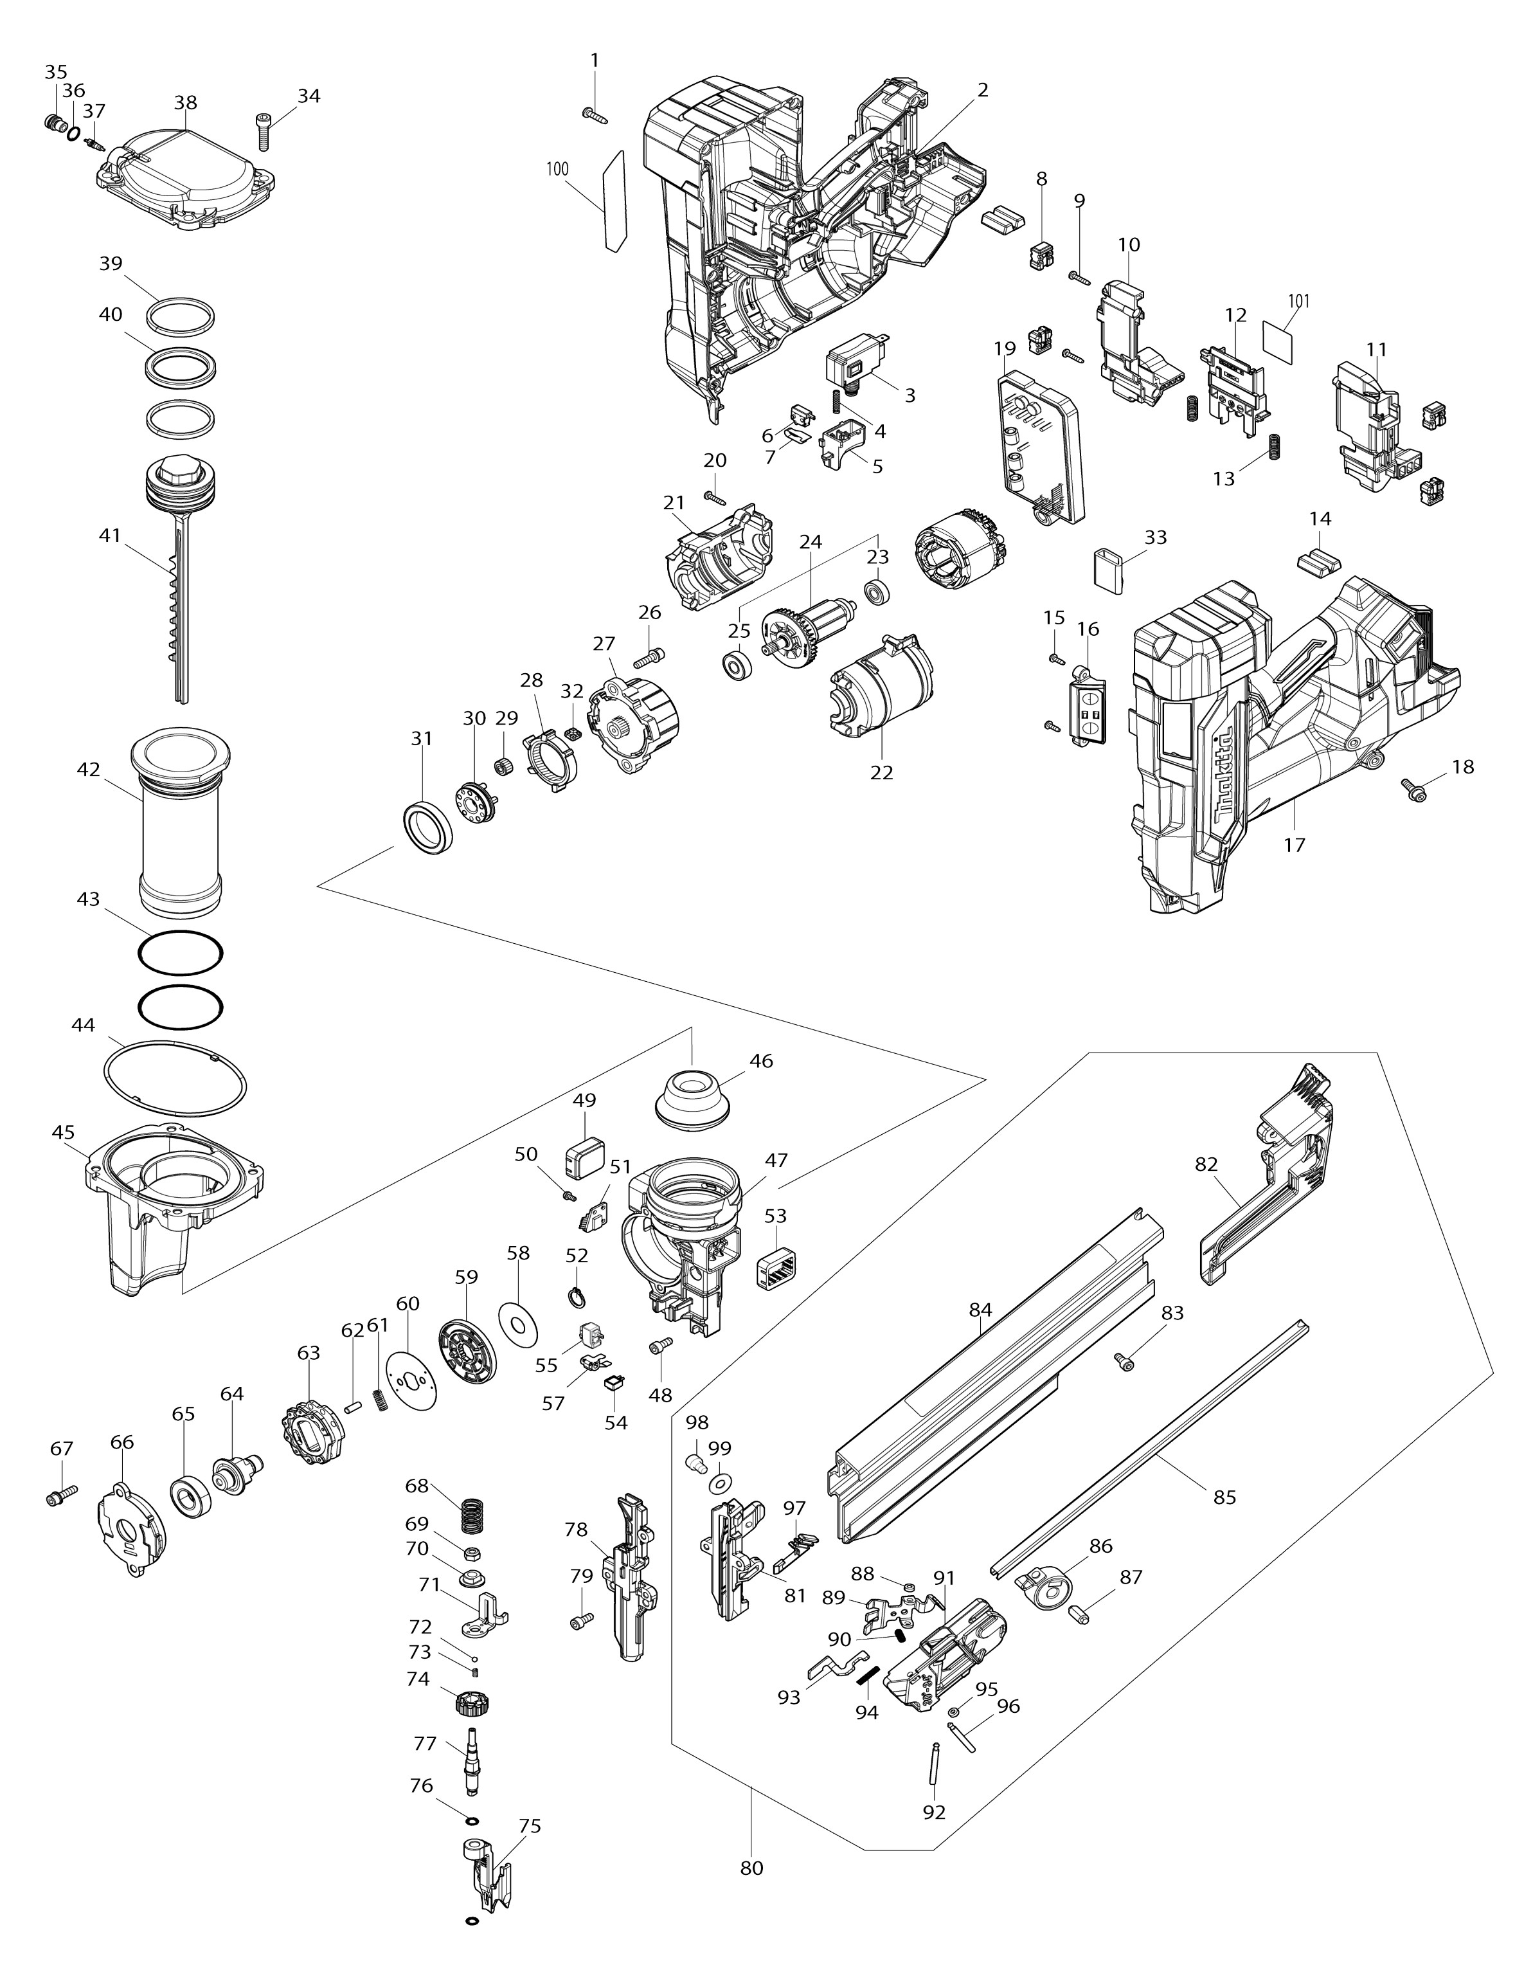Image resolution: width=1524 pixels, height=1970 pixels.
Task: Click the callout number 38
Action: (x=186, y=103)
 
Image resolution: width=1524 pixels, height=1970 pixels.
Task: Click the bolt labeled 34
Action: (x=262, y=131)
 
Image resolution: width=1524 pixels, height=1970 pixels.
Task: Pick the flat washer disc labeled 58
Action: (x=517, y=1324)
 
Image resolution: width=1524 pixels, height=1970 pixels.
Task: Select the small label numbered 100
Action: (x=613, y=200)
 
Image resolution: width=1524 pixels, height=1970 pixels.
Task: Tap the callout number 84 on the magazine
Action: (x=980, y=1310)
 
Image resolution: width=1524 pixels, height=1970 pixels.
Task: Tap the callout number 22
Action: (x=881, y=772)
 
